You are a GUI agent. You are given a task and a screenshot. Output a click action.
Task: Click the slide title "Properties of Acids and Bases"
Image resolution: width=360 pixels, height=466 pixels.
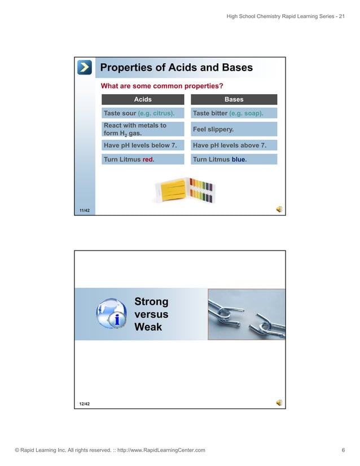tap(176, 68)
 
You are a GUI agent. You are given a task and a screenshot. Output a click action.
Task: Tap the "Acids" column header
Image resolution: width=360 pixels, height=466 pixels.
tap(143, 99)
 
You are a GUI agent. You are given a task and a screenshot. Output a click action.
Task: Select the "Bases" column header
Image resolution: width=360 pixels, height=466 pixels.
tap(234, 99)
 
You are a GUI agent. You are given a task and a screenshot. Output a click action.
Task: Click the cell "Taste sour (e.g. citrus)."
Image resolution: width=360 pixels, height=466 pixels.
tap(143, 113)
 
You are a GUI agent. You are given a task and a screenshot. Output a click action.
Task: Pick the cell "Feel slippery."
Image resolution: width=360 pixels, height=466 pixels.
tap(234, 129)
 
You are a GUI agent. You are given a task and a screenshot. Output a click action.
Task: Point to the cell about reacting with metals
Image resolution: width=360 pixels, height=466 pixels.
tap(143, 129)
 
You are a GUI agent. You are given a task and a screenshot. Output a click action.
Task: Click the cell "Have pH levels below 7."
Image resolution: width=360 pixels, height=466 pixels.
tap(143, 146)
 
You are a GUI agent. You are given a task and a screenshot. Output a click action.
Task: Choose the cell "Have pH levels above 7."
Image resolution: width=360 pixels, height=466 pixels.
tap(234, 146)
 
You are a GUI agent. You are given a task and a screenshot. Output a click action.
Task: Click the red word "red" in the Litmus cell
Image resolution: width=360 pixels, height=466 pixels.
tap(148, 160)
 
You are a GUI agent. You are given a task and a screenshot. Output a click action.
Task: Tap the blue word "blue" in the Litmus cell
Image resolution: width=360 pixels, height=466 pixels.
tap(238, 160)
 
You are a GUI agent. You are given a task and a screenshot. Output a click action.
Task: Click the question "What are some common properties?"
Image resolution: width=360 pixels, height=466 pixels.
tap(161, 86)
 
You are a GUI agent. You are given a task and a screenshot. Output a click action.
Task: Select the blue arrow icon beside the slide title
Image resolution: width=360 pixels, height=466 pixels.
tap(85, 68)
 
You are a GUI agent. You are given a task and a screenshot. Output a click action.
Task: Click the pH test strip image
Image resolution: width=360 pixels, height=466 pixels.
tap(185, 191)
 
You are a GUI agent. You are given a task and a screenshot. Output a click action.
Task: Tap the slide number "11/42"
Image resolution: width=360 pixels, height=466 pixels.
tap(85, 210)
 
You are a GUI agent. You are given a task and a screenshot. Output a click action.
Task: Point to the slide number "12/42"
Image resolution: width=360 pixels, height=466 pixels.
tap(85, 404)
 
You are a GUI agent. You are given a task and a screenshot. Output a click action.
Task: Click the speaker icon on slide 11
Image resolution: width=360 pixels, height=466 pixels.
tap(279, 209)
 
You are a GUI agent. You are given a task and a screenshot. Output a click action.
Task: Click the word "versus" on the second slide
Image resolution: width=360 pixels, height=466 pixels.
tap(151, 315)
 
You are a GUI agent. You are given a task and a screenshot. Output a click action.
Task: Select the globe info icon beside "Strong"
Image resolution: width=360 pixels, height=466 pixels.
tap(113, 314)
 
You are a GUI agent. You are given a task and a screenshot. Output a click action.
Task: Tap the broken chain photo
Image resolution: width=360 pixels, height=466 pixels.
tap(246, 314)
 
